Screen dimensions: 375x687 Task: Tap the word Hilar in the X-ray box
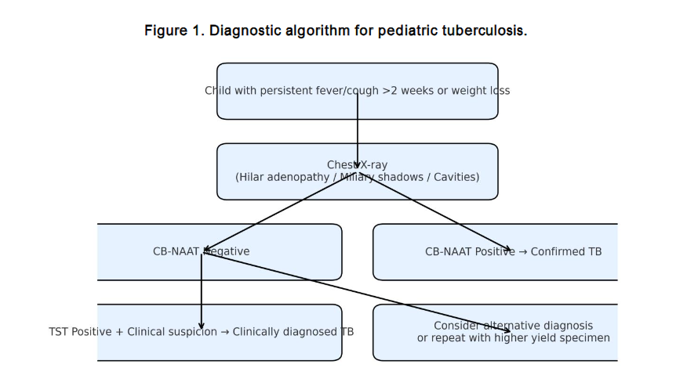pos(253,177)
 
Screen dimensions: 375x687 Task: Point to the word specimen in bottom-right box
pos(584,338)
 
